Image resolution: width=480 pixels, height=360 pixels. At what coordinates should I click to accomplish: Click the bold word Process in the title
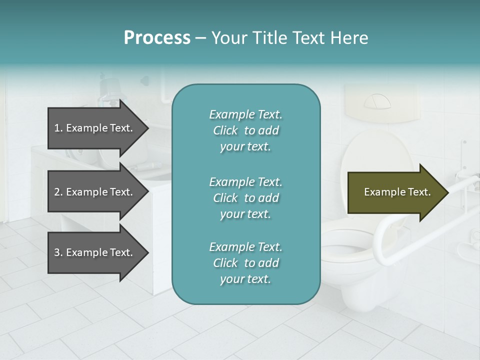pos(157,38)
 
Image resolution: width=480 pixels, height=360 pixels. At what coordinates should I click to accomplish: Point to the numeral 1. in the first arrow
pos(58,128)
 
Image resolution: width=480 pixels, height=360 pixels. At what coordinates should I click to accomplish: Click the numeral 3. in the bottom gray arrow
pos(58,252)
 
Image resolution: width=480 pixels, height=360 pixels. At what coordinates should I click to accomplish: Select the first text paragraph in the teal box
pos(245,130)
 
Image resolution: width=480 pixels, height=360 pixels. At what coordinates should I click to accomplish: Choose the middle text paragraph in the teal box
pos(245,197)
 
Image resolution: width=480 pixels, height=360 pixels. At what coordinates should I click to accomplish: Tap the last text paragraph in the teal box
pos(245,263)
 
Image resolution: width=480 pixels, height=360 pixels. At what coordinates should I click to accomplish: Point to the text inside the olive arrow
pos(397,192)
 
